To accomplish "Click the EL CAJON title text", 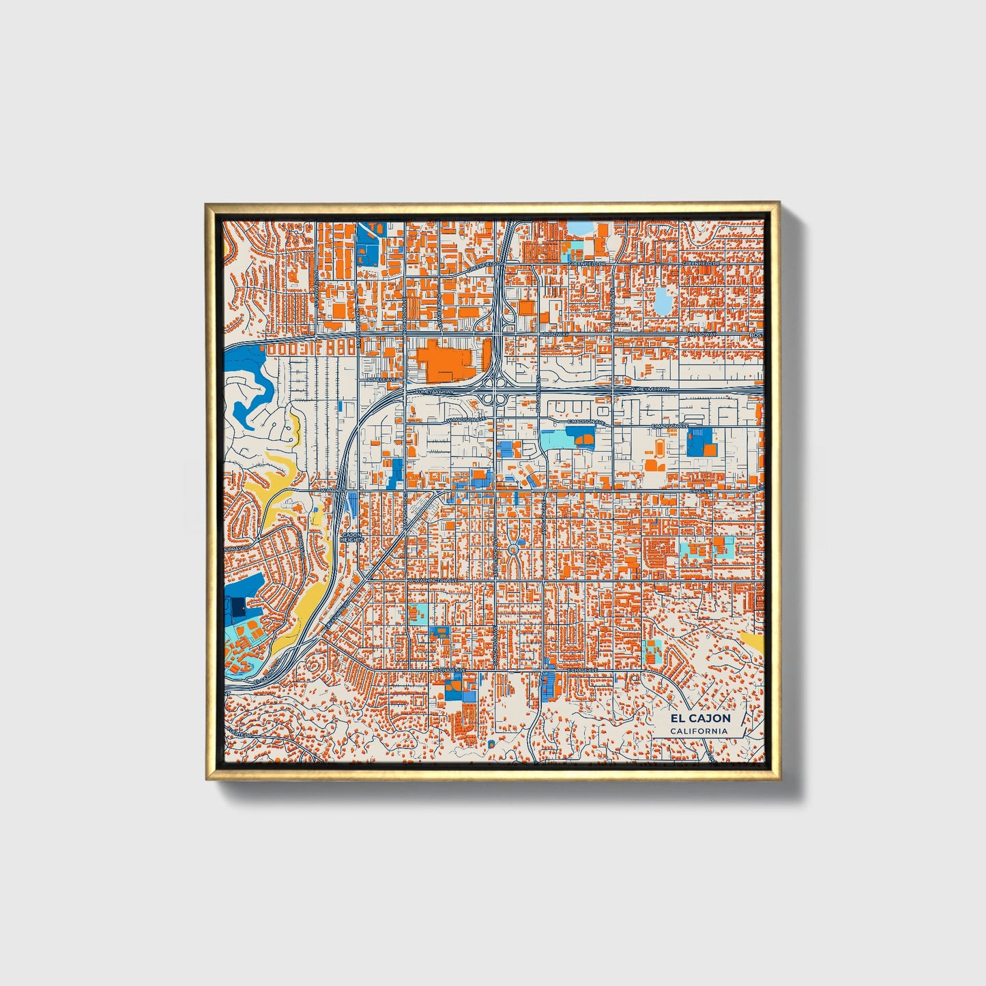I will [700, 719].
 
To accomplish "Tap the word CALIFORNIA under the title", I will [699, 731].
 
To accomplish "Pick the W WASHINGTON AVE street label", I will [432, 580].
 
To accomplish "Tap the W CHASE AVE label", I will [449, 671].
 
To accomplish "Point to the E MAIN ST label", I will [701, 490].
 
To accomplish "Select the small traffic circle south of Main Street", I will [513, 548].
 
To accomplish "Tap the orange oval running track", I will [661, 448].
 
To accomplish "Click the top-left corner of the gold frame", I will [207, 204].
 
